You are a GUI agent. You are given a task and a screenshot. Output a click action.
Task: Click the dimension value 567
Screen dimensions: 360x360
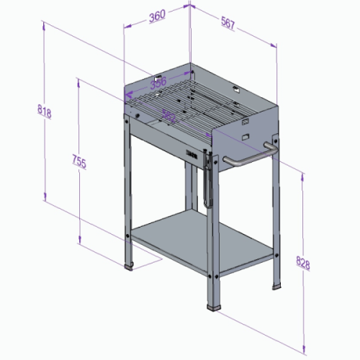tap(229, 25)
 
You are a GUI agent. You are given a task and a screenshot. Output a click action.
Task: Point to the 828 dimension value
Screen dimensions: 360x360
tap(303, 264)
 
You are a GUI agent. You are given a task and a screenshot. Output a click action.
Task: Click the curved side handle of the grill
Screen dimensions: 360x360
tap(248, 156)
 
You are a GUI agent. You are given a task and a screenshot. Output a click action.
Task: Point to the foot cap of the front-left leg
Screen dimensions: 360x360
tap(130, 266)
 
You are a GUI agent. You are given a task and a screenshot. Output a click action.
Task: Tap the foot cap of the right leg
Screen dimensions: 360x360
tap(276, 288)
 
